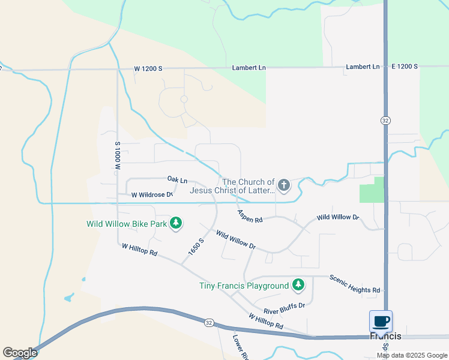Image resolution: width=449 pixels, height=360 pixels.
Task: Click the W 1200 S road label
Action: [x=148, y=69]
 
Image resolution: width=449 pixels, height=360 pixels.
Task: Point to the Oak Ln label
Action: [x=177, y=179]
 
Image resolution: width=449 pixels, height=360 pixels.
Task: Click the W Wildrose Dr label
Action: [x=152, y=194]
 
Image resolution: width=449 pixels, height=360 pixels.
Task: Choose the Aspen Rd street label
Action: [x=250, y=216]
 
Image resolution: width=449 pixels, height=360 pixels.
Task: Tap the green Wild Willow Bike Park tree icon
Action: [x=176, y=224]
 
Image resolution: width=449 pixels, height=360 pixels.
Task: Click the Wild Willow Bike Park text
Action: [x=127, y=224]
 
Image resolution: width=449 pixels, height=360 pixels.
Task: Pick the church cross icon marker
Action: [x=283, y=185]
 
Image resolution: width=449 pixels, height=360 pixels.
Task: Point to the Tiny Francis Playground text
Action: [x=244, y=286]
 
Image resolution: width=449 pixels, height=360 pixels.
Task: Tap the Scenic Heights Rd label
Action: [x=355, y=283]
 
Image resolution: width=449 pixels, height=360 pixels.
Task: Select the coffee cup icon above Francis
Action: [x=381, y=321]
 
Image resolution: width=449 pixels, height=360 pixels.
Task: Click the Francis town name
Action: [x=385, y=337]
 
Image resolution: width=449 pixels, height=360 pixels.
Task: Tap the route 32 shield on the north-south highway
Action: [x=385, y=121]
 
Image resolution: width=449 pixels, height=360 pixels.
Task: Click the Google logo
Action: [x=20, y=353]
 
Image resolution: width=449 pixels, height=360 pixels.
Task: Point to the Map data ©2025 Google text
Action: [x=412, y=355]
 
